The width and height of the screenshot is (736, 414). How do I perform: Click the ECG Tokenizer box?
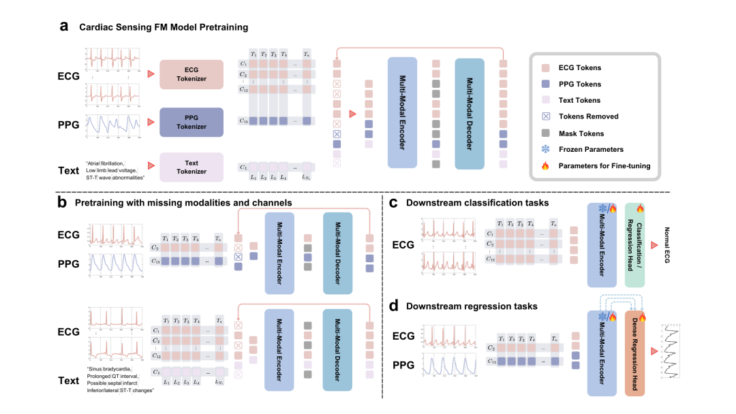coord(191,74)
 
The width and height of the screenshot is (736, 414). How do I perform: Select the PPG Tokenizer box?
coord(191,122)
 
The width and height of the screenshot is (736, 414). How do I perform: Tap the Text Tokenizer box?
coord(191,167)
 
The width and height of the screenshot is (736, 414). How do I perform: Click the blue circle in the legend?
coord(545,149)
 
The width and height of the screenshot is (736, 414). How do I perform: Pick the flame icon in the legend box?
coord(545,165)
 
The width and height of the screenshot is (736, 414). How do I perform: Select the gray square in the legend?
coord(545,133)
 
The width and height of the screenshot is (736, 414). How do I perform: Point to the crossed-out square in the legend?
coord(545,116)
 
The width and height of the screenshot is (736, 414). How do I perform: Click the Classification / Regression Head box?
coord(634,245)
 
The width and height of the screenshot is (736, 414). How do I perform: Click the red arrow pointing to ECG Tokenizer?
coord(151,74)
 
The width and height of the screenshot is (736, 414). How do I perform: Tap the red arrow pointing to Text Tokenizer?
coord(151,165)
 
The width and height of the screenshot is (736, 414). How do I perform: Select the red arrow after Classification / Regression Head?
coord(655,245)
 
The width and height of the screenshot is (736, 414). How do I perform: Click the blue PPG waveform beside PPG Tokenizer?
coord(112,125)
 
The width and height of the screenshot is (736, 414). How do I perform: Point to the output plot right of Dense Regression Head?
coord(671,351)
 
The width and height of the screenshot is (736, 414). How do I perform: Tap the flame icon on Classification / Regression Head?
coord(640,208)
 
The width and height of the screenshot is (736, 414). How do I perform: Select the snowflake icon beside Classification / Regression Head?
coord(602,208)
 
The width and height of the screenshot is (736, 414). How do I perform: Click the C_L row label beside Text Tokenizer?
coord(243,167)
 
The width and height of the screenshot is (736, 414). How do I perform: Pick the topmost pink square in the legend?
coord(545,68)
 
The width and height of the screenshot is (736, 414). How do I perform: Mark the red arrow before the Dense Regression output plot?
coord(655,351)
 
